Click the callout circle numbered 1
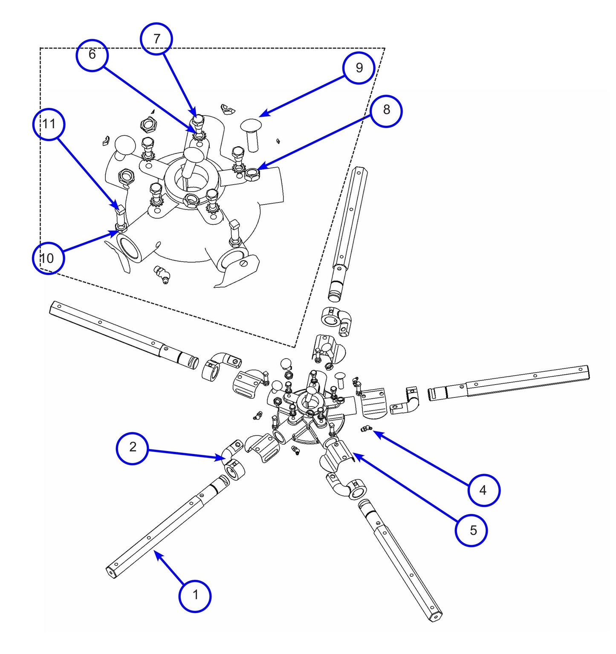pos(195,595)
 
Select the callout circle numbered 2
pos(133,448)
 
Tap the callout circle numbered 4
pos(483,490)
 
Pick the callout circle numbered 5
pos(471,530)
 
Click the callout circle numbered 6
pos(92,55)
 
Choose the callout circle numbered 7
pos(156,39)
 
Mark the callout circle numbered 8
pos(386,110)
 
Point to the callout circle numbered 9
pos(359,68)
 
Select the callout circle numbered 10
pos(48,258)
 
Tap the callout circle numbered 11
pos(49,124)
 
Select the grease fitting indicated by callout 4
pos(367,428)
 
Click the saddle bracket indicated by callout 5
pos(337,455)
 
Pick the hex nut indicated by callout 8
pos(252,174)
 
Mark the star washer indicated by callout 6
pos(199,135)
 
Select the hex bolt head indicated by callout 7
pos(198,120)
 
